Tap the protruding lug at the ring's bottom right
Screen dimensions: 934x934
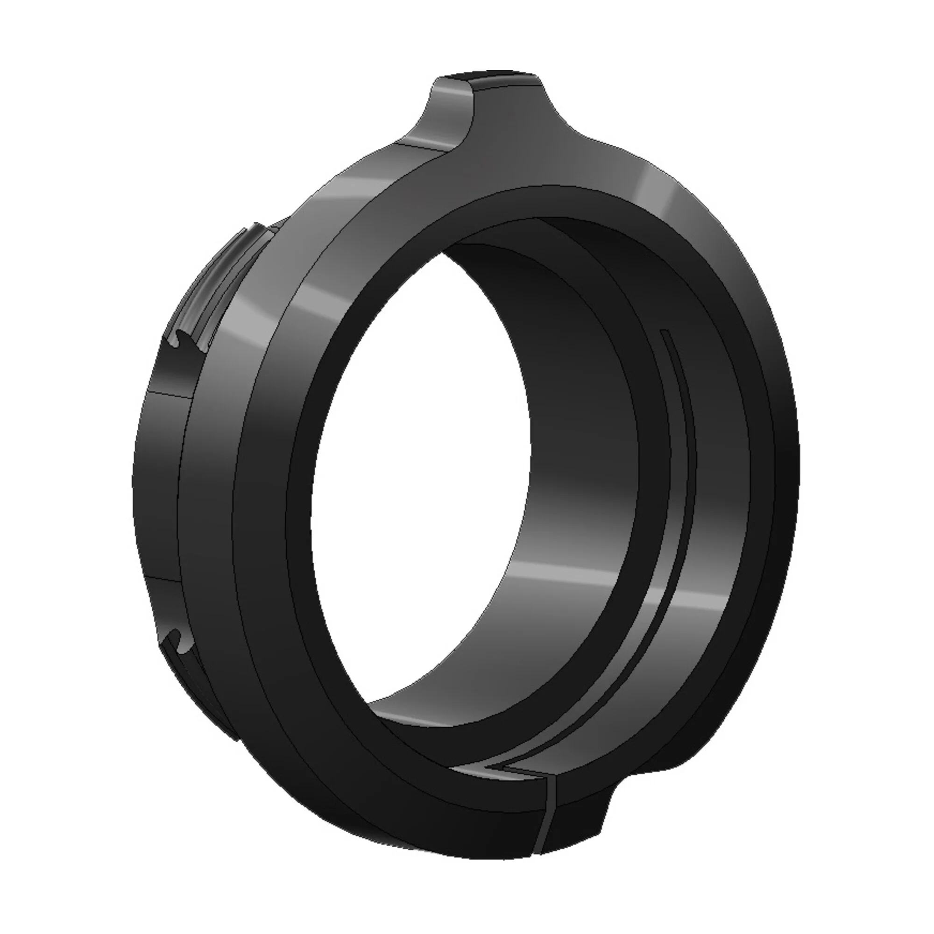coord(580,817)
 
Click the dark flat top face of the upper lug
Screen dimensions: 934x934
coord(488,78)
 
